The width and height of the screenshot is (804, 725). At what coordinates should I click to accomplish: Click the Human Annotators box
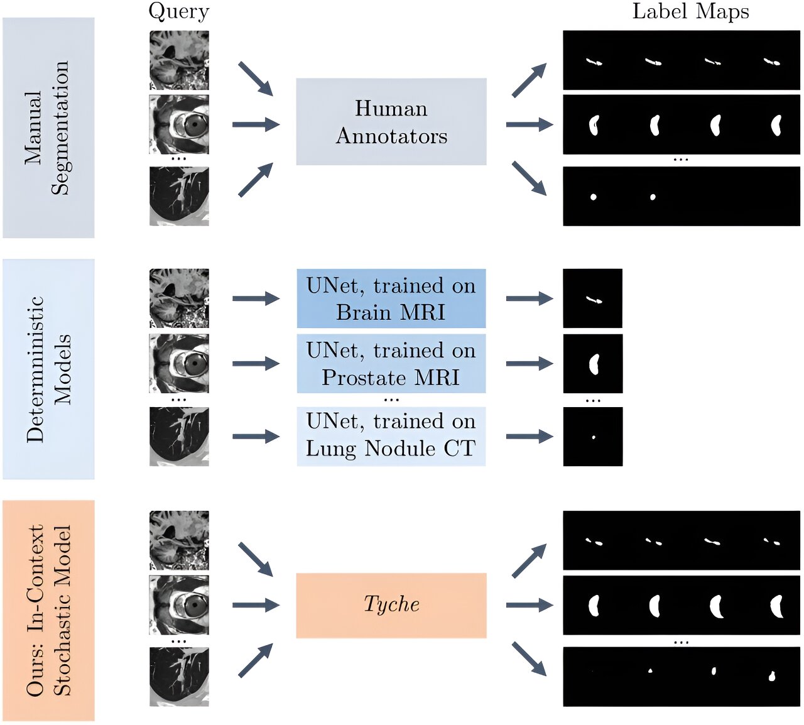tap(391, 122)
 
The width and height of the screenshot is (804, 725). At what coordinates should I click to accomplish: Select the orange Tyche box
tap(391, 605)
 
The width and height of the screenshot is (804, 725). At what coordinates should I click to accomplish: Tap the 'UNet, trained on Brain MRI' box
tap(391, 298)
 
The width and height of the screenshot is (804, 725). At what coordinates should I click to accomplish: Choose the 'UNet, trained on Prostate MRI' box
tap(391, 364)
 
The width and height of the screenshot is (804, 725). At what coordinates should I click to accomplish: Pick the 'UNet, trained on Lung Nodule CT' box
tap(391, 436)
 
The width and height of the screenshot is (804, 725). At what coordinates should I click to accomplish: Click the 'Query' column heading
tap(178, 11)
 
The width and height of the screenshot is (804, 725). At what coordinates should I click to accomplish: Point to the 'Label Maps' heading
tap(690, 11)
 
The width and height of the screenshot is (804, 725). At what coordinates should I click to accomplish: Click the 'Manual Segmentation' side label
tap(48, 128)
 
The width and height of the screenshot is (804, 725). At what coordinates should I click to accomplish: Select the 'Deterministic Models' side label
tap(48, 369)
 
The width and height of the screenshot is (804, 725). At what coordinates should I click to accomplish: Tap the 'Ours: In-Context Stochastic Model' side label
tap(48, 610)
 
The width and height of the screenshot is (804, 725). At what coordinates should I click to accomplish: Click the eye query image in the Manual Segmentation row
tap(179, 124)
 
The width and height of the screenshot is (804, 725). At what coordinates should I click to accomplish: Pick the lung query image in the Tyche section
tap(179, 677)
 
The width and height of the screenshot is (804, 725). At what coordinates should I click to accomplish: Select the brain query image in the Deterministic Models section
tap(179, 298)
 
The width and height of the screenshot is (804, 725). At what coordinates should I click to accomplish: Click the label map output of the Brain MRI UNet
tap(592, 298)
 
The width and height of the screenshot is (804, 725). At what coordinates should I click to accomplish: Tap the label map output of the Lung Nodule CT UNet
tap(592, 437)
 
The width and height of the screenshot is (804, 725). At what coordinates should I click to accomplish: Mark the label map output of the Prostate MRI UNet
tap(592, 364)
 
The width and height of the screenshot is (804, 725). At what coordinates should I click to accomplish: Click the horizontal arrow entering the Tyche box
tap(256, 605)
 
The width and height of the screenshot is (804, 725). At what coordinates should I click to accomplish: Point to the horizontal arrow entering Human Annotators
tap(256, 124)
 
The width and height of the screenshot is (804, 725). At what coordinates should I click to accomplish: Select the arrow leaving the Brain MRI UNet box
tap(529, 298)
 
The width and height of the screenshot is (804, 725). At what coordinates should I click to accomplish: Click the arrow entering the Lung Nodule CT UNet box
tap(256, 437)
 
